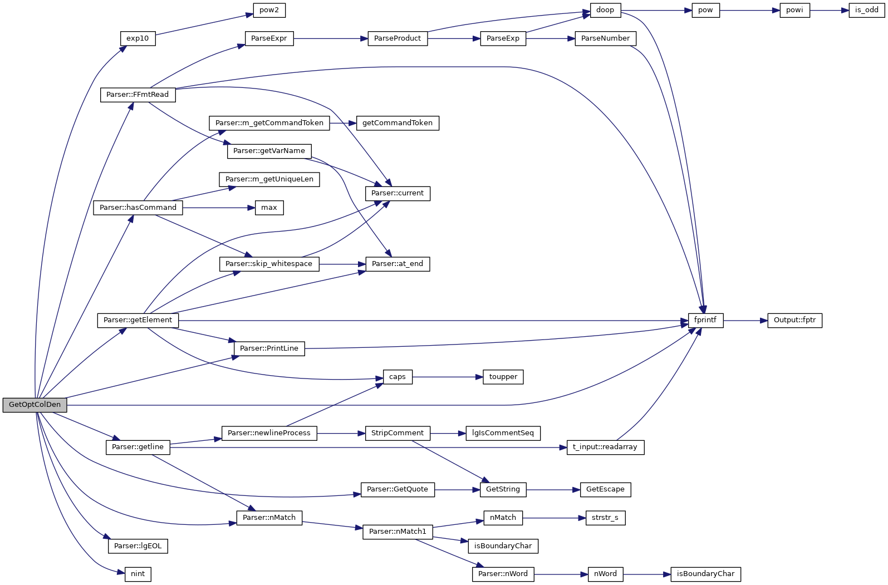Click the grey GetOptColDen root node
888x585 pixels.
[x=35, y=405]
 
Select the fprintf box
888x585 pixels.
[x=705, y=320]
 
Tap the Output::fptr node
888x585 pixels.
[x=794, y=320]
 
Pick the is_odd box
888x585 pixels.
[x=866, y=10]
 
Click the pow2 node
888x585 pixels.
[x=269, y=10]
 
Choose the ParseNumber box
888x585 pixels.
[x=605, y=38]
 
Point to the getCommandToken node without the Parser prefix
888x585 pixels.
[x=397, y=123]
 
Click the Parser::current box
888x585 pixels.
[x=398, y=193]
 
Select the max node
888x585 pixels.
[x=269, y=208]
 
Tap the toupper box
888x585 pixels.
[x=503, y=377]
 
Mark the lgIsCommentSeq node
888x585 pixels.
[x=503, y=433]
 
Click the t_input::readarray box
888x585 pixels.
[x=605, y=447]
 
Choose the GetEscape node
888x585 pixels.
[x=605, y=489]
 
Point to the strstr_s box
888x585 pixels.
[x=605, y=518]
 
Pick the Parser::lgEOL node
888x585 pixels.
[x=138, y=546]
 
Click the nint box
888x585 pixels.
[x=138, y=574]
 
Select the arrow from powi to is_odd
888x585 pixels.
[x=829, y=10]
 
